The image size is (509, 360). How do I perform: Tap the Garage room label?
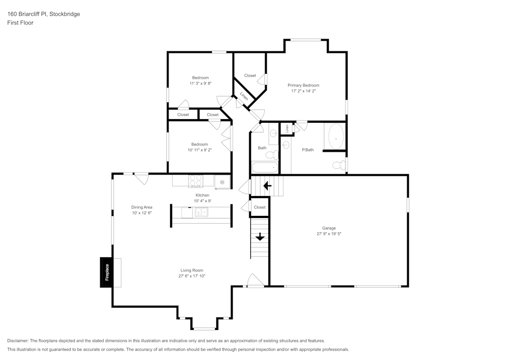[329, 228]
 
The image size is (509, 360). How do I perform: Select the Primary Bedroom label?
[303, 85]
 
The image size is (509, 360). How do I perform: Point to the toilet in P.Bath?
[338, 164]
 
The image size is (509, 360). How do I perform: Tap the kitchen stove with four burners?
[195, 181]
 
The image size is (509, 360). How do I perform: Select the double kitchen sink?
[201, 212]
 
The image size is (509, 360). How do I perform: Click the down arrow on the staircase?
[260, 236]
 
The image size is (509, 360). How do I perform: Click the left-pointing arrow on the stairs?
[267, 186]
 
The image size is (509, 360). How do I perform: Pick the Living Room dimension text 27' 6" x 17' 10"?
[192, 276]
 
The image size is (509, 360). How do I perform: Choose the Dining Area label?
[142, 207]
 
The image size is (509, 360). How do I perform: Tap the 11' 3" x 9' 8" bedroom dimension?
[200, 83]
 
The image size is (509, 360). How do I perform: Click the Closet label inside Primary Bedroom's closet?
[250, 75]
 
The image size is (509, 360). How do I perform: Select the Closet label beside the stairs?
[260, 207]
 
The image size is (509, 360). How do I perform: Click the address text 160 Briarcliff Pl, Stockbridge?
[43, 14]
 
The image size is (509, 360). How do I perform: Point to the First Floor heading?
[20, 23]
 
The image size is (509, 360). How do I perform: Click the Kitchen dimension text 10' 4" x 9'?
[202, 201]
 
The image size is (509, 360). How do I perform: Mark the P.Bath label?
[307, 150]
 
